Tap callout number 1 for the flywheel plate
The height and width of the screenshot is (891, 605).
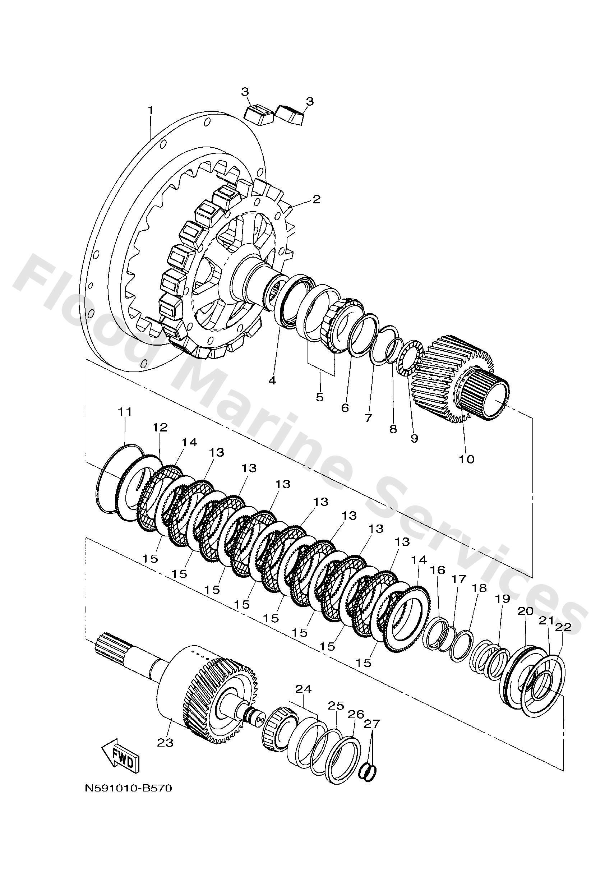tap(151, 110)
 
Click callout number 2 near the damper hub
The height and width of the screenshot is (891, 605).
tap(316, 199)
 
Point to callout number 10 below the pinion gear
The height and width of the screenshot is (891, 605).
tap(467, 459)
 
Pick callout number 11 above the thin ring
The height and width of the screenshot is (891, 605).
tap(125, 412)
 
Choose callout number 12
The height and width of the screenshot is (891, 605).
tap(160, 428)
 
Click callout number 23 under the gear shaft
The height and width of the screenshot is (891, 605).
tap(166, 743)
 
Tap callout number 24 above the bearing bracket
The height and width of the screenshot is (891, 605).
tap(303, 689)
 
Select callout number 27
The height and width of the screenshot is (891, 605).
tap(372, 724)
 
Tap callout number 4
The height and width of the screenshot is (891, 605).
tap(272, 381)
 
